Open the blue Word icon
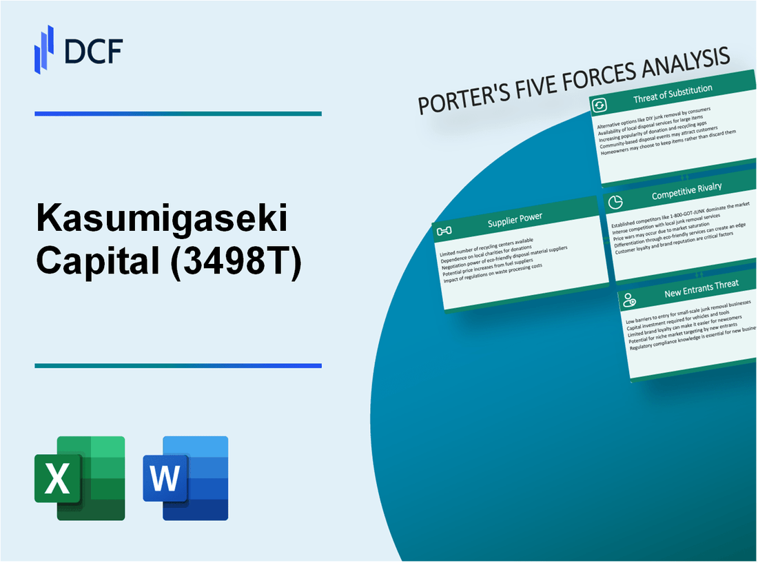185,478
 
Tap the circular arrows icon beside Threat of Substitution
600,105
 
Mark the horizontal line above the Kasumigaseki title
178,114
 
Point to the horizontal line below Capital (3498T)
178,366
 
